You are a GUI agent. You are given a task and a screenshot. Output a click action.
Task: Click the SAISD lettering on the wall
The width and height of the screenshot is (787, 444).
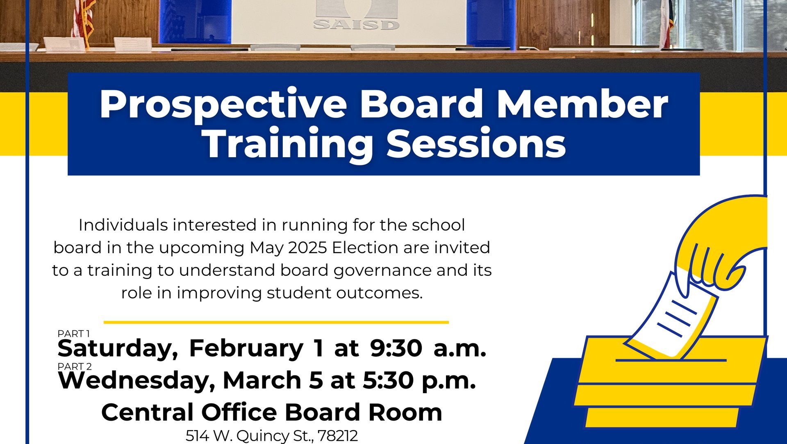pos(356,25)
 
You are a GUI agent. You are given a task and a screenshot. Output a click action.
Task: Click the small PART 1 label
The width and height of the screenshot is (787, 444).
pos(74,334)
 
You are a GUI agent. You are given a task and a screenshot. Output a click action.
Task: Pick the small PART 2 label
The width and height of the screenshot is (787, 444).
pos(75,366)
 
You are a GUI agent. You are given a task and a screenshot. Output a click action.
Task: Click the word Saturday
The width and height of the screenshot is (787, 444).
pos(118,349)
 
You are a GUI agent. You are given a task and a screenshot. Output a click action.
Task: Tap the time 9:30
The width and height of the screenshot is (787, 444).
pos(396,348)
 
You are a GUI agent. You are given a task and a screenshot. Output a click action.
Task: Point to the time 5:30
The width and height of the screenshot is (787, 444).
pos(388,380)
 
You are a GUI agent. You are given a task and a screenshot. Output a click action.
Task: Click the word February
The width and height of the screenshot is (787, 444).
pos(246,349)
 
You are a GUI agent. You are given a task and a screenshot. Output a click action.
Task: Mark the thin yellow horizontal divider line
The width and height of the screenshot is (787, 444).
pos(276,323)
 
